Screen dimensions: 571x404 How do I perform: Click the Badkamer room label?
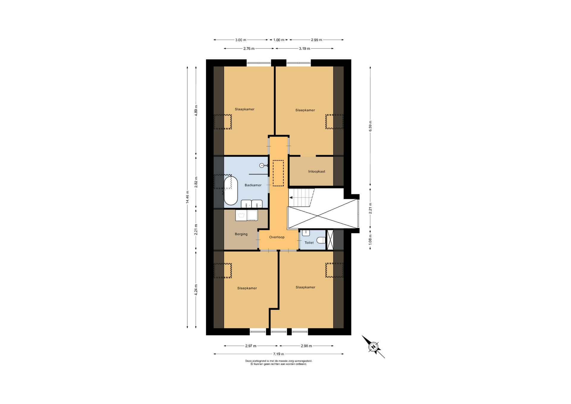coord(253,185)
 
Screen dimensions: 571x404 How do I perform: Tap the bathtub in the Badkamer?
coord(231,191)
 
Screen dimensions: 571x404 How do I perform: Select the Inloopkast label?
coord(317,171)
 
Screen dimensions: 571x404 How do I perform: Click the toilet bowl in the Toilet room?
coord(321,240)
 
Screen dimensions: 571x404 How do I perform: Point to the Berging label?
coord(241,234)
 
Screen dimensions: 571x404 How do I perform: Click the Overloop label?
coord(277,237)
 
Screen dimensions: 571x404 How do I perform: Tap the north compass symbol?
coord(373,347)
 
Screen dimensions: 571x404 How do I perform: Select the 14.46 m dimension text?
coord(187,197)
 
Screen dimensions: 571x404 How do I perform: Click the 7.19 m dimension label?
coord(279,354)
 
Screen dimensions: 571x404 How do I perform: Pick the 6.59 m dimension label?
coord(370,126)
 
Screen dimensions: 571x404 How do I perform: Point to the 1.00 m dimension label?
coord(279,40)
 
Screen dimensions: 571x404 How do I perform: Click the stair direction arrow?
coord(291,198)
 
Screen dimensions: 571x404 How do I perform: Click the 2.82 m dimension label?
coord(196,182)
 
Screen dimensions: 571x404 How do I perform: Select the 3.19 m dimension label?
coord(305,48)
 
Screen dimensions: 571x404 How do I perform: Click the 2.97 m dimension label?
coord(251,346)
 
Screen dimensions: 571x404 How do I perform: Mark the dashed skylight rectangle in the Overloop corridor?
coord(278,173)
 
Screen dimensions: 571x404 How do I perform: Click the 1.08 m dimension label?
coord(370,239)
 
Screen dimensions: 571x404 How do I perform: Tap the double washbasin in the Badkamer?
coord(252,204)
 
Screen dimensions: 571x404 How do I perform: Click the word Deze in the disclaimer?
coord(248,361)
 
